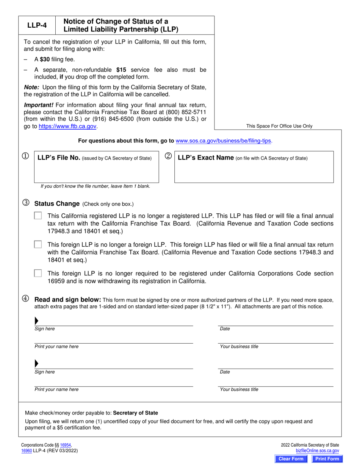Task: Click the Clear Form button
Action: click(291, 459)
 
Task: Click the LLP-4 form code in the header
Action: click(37, 26)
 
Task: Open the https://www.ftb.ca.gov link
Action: click(68, 127)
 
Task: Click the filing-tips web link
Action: click(224, 141)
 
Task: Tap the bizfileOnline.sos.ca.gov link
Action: click(317, 451)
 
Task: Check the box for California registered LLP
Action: click(38, 216)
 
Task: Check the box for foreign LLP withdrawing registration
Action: click(38, 273)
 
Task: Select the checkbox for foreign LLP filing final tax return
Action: click(38, 244)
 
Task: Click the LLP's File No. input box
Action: click(97, 172)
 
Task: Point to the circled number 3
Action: click(26, 203)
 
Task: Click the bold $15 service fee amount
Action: click(121, 70)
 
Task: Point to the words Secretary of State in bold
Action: click(135, 413)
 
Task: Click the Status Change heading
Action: click(57, 203)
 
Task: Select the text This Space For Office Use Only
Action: click(279, 126)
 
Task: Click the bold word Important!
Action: click(39, 105)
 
